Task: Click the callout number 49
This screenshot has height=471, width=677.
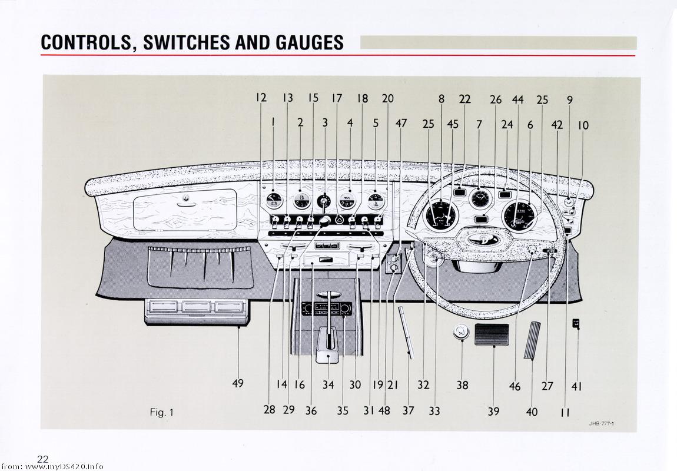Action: click(x=237, y=384)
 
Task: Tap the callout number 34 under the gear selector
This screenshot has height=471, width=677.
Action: click(x=328, y=385)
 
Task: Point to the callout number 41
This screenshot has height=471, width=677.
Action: click(x=577, y=386)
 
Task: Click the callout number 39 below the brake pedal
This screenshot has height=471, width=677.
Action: click(x=493, y=412)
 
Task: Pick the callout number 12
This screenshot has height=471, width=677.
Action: click(x=261, y=98)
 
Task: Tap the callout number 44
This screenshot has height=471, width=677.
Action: click(x=517, y=99)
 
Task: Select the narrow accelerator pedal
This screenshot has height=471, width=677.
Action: click(x=532, y=340)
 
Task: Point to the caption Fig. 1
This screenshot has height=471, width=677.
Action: click(x=161, y=412)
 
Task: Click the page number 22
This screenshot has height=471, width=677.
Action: click(x=42, y=459)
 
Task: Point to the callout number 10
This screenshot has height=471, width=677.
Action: click(x=583, y=125)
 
